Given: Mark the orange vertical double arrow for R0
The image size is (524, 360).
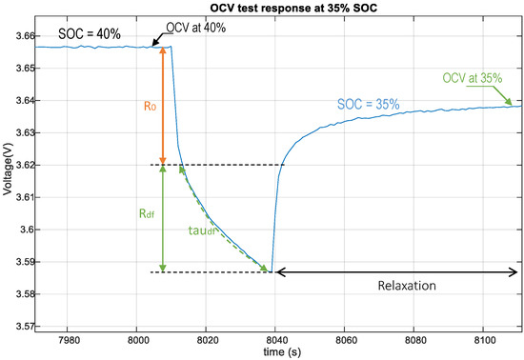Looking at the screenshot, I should [163, 106].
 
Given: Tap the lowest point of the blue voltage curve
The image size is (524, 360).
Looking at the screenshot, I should [272, 271].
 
